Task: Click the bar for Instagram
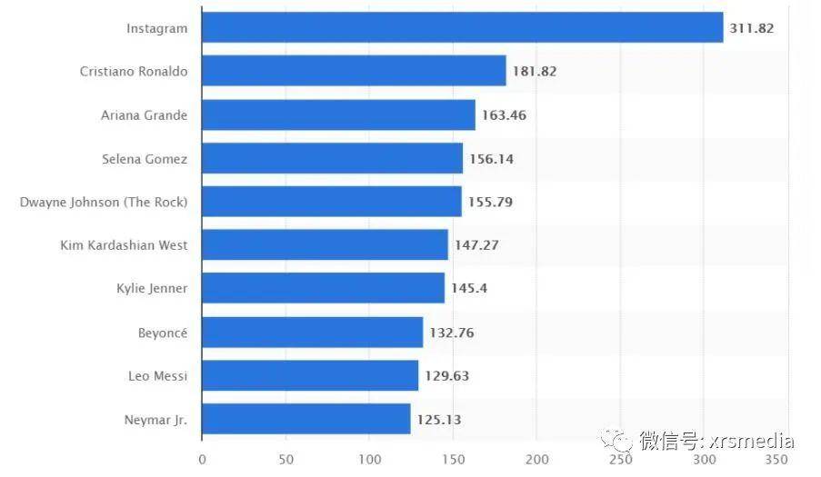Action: pyautogui.click(x=462, y=27)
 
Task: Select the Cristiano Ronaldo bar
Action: pyautogui.click(x=354, y=71)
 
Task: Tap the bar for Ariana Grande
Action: pyautogui.click(x=338, y=114)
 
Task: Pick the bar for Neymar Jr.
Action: pyautogui.click(x=305, y=419)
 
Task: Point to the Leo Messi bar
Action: pyautogui.click(x=309, y=375)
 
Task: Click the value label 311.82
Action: pyautogui.click(x=751, y=28)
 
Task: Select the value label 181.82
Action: pyautogui.click(x=535, y=72)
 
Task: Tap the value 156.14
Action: pyautogui.click(x=491, y=159)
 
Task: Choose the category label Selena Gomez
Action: pyautogui.click(x=145, y=159)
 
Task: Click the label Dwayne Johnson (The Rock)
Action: pyautogui.click(x=104, y=202)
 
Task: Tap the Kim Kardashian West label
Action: pyautogui.click(x=124, y=245)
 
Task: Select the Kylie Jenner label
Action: pyautogui.click(x=152, y=288)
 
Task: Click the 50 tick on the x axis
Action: pyautogui.click(x=285, y=460)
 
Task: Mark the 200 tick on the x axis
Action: pyautogui.click(x=536, y=460)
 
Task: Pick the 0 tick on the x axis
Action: pyautogui.click(x=202, y=460)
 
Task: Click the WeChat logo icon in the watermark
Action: pyautogui.click(x=622, y=442)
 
